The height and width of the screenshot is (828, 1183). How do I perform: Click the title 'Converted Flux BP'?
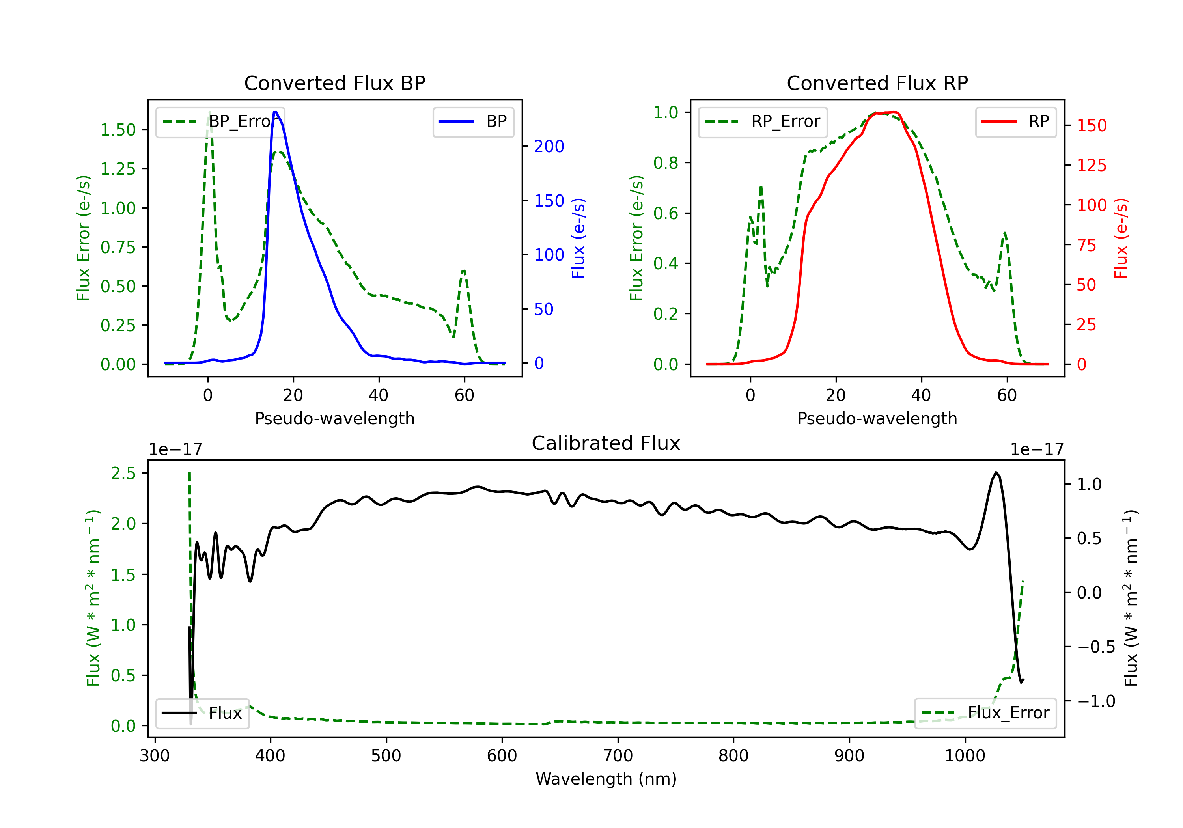335,83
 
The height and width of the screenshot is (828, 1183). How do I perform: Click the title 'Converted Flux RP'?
877,83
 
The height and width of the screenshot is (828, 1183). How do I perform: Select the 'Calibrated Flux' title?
606,443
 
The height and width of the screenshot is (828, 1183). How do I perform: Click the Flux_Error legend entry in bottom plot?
985,713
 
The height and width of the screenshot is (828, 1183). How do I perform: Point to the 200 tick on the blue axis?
549,146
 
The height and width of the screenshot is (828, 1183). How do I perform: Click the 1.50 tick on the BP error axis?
118,130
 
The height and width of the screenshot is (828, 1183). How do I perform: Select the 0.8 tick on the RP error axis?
666,163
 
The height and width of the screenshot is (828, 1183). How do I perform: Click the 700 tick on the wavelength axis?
618,756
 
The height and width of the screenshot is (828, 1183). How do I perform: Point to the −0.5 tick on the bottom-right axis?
1096,647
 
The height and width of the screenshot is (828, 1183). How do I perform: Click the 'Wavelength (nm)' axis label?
606,779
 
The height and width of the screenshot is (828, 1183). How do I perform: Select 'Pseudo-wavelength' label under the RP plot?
877,418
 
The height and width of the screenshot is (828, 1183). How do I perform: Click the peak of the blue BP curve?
276,112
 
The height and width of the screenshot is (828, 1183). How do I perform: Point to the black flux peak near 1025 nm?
996,472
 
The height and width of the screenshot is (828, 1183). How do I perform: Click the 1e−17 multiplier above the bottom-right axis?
1037,450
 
